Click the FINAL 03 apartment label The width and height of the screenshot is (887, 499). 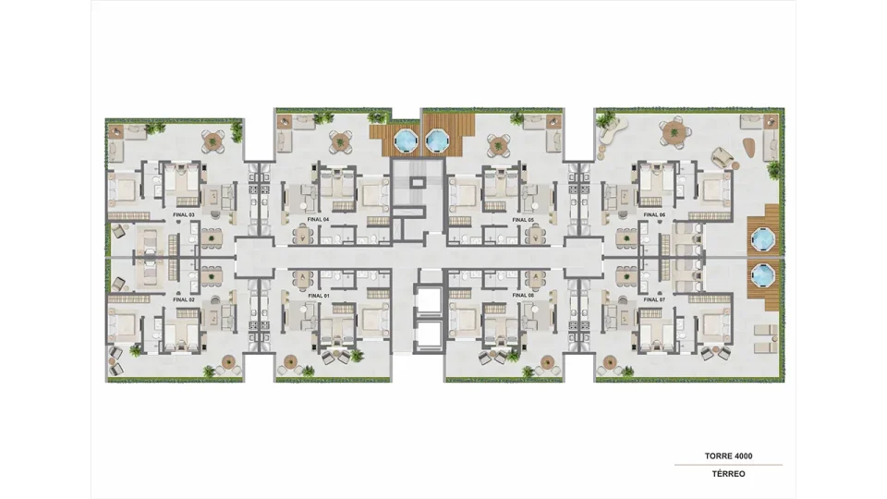(x=184, y=215)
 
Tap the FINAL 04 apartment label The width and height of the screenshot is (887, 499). (x=319, y=220)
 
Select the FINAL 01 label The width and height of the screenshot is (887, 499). (x=319, y=296)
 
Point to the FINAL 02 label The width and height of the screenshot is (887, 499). (x=184, y=299)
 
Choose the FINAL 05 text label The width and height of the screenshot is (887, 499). (x=523, y=220)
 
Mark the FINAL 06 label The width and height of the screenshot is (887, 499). (x=654, y=215)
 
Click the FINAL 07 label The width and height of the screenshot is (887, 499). (x=654, y=299)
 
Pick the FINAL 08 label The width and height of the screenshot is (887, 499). (x=523, y=296)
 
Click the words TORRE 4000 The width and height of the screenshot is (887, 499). (x=729, y=456)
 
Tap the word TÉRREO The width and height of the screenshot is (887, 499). (x=729, y=474)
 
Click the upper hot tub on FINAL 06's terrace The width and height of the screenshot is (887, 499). (x=761, y=240)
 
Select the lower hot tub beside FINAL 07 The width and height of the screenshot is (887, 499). (x=761, y=276)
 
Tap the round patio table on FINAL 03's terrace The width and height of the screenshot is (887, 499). (x=213, y=140)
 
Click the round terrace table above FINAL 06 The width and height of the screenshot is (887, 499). (x=674, y=133)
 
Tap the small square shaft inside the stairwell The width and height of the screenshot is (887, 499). (x=418, y=182)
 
